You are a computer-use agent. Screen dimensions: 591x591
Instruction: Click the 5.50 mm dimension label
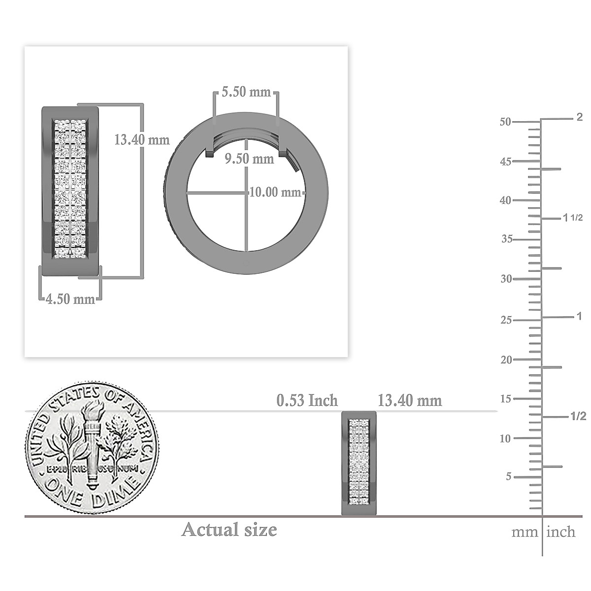tap(246, 92)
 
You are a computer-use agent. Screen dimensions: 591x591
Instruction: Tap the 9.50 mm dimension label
tap(249, 159)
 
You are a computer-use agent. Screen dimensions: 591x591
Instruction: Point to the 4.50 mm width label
tap(70, 299)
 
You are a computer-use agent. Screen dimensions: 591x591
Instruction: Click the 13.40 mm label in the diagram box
tap(141, 140)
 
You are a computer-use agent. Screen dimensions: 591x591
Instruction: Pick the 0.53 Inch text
tap(307, 400)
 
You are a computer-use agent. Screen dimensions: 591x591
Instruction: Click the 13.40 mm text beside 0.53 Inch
tap(410, 400)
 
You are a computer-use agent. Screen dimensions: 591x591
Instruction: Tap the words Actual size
tap(229, 530)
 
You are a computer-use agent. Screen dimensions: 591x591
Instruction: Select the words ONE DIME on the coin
tap(91, 492)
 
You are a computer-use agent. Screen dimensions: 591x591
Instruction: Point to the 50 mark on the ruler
tap(505, 122)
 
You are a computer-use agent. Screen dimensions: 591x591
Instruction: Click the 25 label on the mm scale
tap(505, 320)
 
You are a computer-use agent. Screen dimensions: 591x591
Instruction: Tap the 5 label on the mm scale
tap(509, 477)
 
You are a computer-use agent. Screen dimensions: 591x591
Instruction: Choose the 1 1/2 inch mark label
tap(573, 218)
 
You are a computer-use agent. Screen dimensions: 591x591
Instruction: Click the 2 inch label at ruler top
tap(579, 117)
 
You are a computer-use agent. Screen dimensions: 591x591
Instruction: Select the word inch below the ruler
tap(560, 532)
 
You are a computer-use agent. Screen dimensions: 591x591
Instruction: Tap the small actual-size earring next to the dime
tap(359, 463)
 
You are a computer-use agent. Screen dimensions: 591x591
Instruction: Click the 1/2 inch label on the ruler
tap(578, 417)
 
